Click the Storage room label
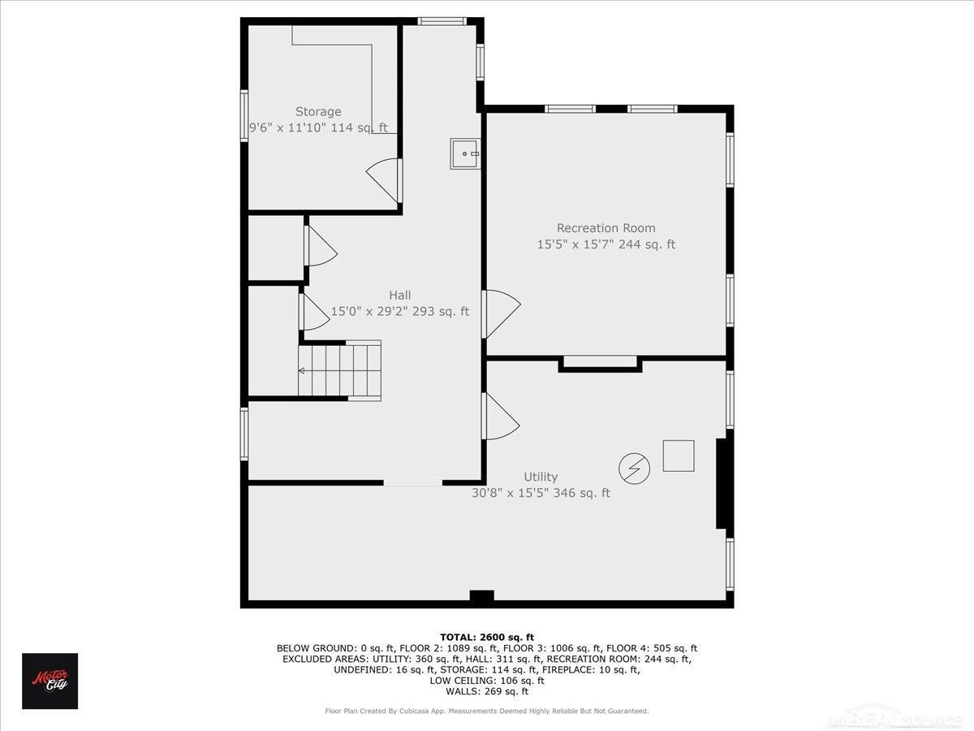click(x=318, y=111)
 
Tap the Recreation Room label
click(x=606, y=228)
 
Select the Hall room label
click(x=400, y=295)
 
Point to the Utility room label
click(x=541, y=477)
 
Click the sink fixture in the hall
click(x=464, y=154)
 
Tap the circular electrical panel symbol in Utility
click(x=634, y=469)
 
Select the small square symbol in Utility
click(x=679, y=456)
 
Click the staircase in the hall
click(x=339, y=370)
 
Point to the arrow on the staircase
click(x=301, y=370)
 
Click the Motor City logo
click(x=50, y=681)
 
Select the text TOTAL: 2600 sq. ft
click(x=487, y=638)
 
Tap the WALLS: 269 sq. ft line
click(x=487, y=691)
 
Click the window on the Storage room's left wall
click(x=244, y=116)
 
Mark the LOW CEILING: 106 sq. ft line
click(x=487, y=681)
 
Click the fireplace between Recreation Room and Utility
click(x=600, y=364)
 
